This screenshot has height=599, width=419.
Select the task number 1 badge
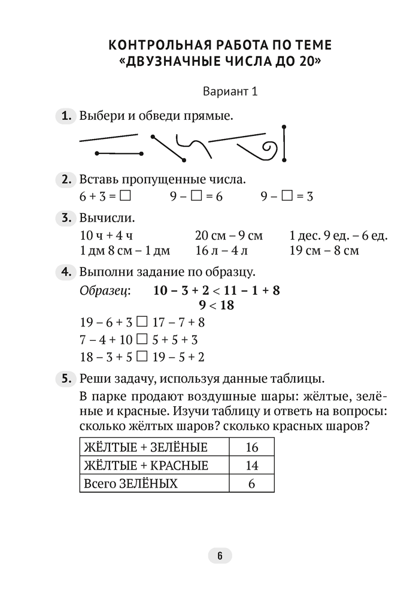pos(65,116)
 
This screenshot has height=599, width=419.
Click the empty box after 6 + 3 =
pos(125,196)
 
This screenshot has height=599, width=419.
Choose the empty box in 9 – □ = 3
pos(287,196)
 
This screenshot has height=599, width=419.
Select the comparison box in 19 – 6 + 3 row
pos(142,321)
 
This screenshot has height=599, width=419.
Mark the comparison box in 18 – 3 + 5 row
pos(142,357)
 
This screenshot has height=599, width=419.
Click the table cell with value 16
pos(251,447)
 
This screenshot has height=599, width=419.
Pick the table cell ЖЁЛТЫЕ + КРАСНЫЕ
pos(154,465)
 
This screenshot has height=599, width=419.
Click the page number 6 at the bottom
pos(220,556)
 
